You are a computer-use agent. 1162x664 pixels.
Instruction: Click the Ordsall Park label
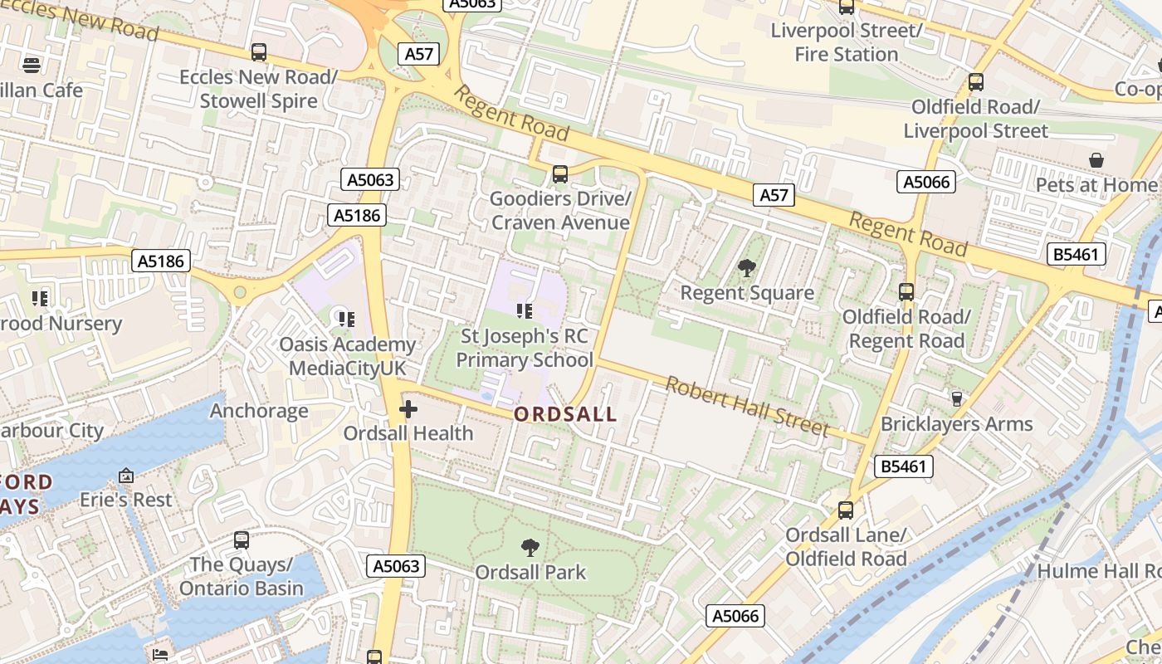tap(530, 572)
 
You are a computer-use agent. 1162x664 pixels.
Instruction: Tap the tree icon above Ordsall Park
tap(530, 548)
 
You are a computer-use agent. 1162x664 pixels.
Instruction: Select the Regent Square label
tap(747, 293)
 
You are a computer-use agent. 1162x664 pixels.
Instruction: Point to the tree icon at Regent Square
tap(747, 267)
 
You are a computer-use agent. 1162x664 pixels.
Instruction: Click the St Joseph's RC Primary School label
tap(525, 348)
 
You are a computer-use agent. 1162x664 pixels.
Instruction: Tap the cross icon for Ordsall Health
tap(408, 409)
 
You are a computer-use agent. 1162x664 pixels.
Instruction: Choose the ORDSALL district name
tap(565, 414)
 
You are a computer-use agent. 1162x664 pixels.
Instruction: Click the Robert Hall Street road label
tap(747, 406)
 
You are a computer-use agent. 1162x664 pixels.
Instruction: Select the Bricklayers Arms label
tap(956, 424)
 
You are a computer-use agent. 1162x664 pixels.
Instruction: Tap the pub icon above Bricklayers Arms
tap(956, 399)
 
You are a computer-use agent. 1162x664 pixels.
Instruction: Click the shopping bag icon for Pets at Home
tap(1096, 159)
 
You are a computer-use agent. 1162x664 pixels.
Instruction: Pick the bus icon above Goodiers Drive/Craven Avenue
tap(560, 174)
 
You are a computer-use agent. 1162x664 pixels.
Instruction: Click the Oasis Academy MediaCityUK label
tap(347, 356)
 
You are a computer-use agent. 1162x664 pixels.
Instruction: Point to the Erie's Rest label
tap(126, 500)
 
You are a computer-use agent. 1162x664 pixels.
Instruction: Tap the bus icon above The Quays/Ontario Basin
tap(242, 540)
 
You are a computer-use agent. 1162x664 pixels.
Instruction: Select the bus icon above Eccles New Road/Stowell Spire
tap(259, 52)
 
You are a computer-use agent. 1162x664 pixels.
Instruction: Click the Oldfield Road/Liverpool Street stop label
tap(976, 119)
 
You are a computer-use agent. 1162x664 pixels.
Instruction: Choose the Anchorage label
tap(259, 411)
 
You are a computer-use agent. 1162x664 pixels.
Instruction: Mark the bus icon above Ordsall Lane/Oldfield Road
tap(846, 510)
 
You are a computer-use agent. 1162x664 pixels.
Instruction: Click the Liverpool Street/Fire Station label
tap(847, 42)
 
